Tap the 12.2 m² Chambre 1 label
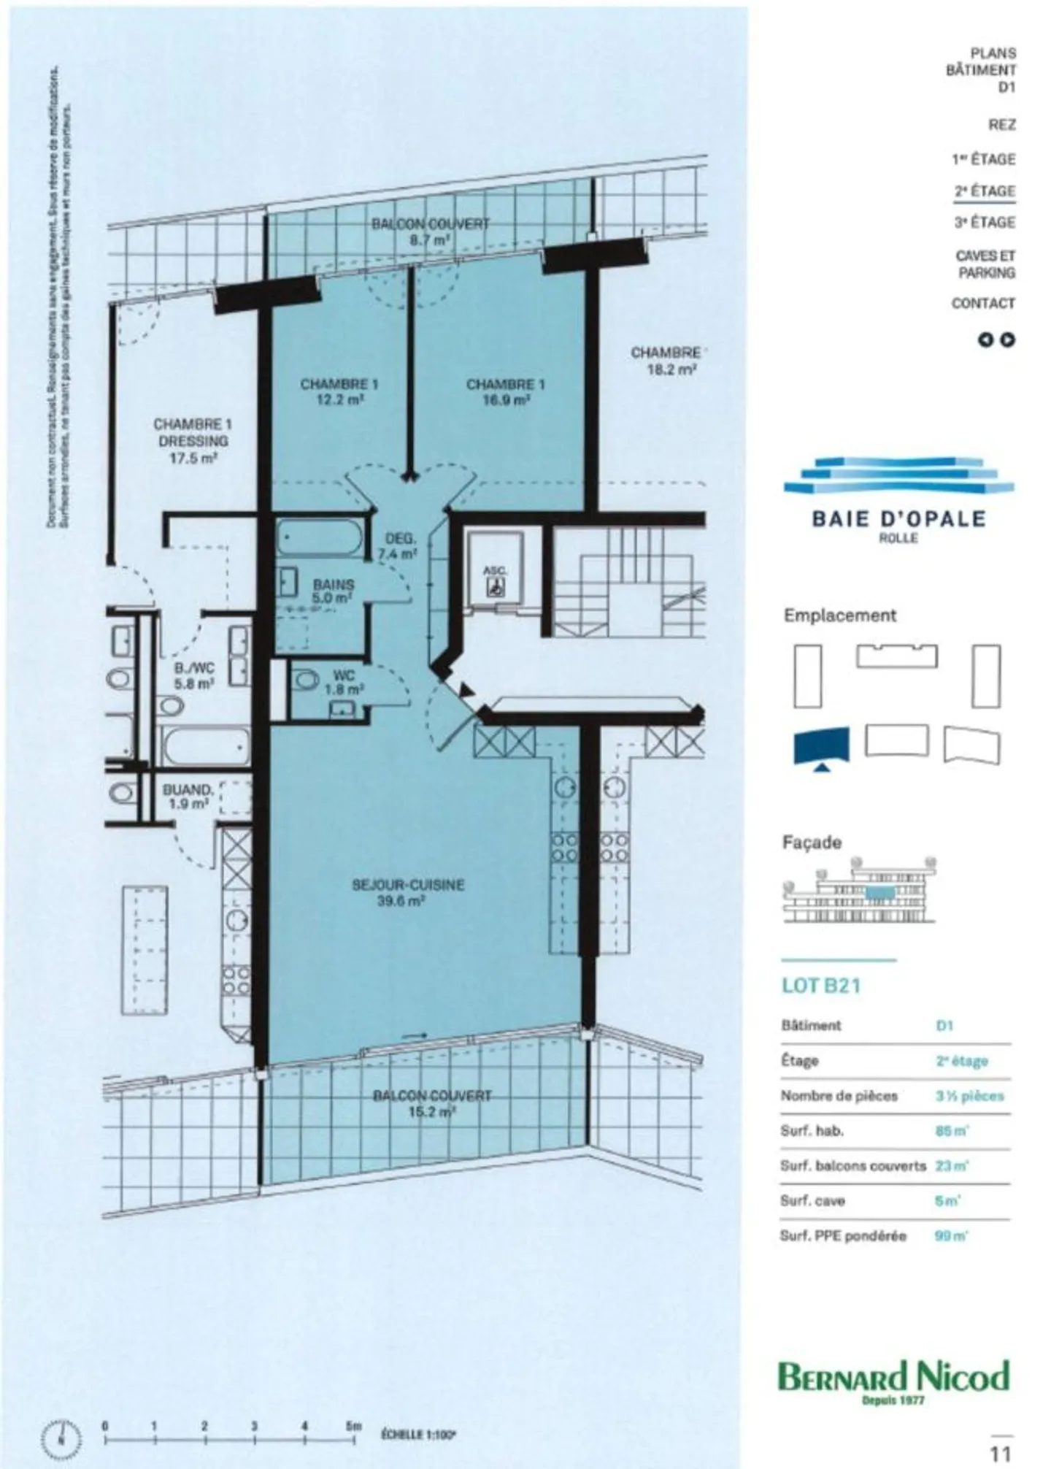[x=339, y=391]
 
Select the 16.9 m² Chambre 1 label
[x=505, y=391]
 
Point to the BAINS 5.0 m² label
[x=333, y=591]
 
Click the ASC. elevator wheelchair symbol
[x=496, y=585]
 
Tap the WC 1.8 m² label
[x=343, y=682]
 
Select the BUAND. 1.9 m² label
[x=188, y=797]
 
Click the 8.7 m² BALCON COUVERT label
[x=431, y=231]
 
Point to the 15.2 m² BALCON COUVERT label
[x=432, y=1103]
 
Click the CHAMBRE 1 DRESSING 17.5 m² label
[x=193, y=441]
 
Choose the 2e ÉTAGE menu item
[x=985, y=191]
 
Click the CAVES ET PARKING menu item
[x=985, y=264]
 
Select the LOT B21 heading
[x=821, y=986]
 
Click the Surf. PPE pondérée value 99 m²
[x=951, y=1236]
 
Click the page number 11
[x=999, y=1453]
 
